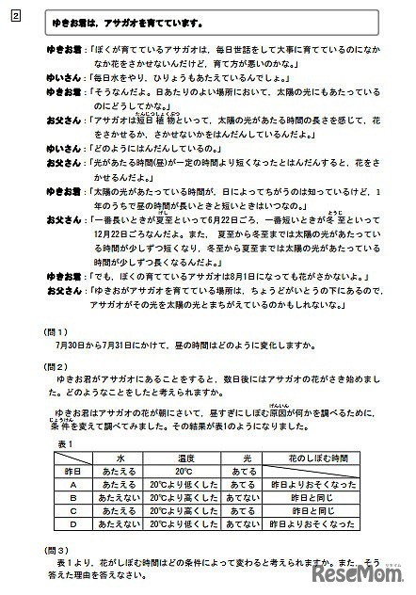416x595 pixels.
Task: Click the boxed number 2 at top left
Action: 17,16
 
